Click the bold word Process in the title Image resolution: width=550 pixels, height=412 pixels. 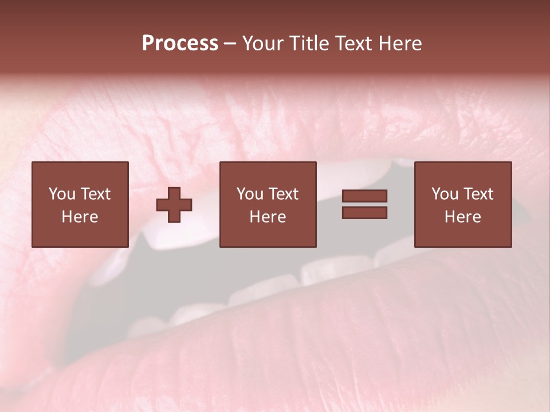(180, 43)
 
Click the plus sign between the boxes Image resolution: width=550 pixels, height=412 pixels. (174, 205)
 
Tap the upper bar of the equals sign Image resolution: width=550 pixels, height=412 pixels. (364, 196)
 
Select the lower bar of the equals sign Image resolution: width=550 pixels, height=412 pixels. (364, 213)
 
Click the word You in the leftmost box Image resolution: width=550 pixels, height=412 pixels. (61, 194)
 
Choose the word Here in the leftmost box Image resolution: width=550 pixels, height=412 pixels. (80, 217)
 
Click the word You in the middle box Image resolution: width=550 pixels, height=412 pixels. (249, 194)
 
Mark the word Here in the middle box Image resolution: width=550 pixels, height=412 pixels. (268, 217)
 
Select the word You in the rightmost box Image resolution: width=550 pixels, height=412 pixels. (444, 194)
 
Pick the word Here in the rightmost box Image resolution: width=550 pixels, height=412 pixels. (462, 217)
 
